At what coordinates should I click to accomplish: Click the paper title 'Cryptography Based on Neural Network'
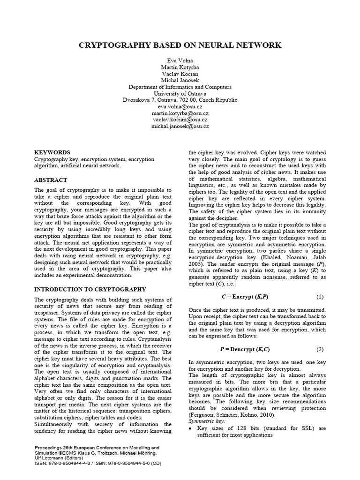click(x=180, y=45)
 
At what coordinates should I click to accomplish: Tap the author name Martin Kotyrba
click(x=180, y=68)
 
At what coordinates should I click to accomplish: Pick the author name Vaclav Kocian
click(x=180, y=75)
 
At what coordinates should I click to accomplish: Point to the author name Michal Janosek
click(x=180, y=81)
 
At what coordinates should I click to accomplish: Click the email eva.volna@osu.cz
click(x=180, y=107)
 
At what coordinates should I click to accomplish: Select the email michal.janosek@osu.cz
click(x=180, y=126)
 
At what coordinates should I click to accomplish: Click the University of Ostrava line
click(x=180, y=94)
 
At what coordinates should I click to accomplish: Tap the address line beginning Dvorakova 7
click(x=180, y=100)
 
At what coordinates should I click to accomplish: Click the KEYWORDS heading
click(x=52, y=153)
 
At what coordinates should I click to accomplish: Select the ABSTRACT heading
click(x=51, y=180)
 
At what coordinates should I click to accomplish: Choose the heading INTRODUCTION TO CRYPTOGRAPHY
click(x=90, y=290)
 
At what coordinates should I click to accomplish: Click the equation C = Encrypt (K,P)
click(x=245, y=297)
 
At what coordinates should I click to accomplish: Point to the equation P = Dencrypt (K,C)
click(x=245, y=350)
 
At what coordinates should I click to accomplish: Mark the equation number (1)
click(x=320, y=297)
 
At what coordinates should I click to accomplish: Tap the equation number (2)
click(x=320, y=350)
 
